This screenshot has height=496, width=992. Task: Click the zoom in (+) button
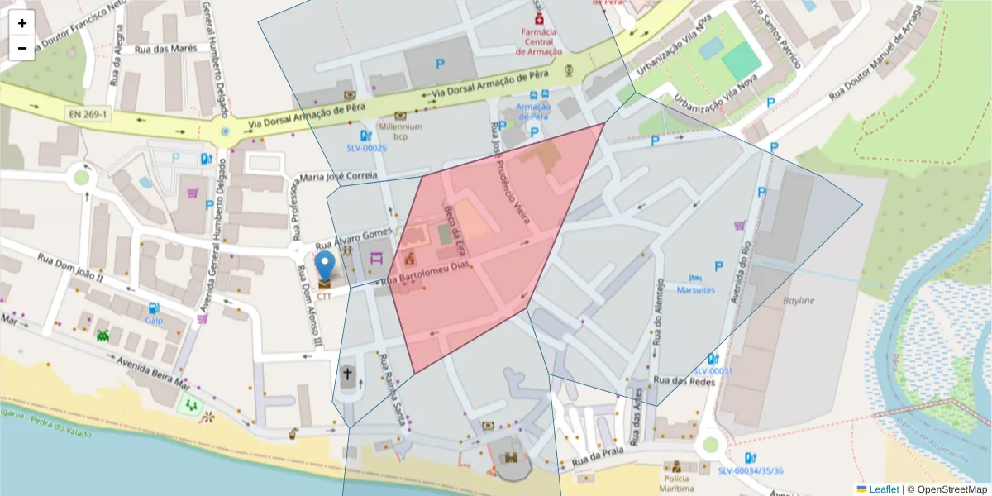pos(22,23)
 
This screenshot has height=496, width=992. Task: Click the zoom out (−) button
pos(22,48)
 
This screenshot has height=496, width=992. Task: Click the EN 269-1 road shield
pos(88,113)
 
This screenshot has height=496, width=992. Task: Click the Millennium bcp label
pos(401,131)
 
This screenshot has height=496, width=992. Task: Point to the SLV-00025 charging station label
pos(366,148)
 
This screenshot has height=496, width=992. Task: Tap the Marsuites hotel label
pos(695,290)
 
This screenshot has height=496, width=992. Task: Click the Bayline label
pos(799,300)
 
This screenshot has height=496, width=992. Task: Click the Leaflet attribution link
pos(883,489)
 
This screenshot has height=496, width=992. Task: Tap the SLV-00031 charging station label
pos(713,371)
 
